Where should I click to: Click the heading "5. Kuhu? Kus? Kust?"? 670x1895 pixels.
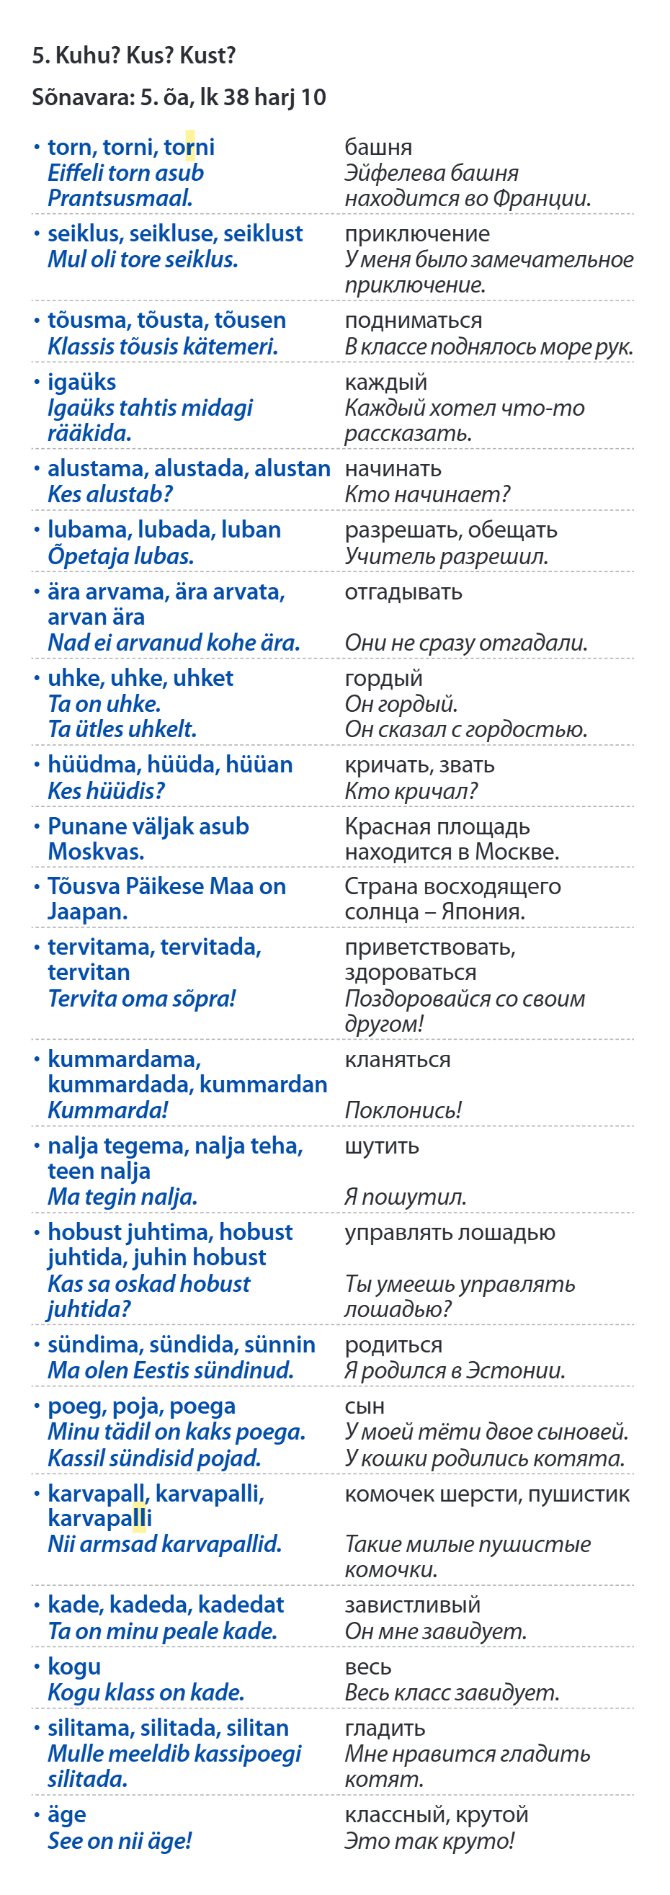coord(133,55)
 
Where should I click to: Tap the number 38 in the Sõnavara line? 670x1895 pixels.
coord(236,97)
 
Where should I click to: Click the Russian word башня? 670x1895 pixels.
coord(378,147)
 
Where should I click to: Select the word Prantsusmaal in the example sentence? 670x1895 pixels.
coord(120,198)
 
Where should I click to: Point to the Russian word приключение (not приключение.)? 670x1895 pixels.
coord(417,234)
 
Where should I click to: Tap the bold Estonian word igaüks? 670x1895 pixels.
coord(81,382)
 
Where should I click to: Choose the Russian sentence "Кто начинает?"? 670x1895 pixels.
coord(427,494)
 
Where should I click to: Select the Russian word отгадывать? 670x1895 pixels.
coord(403,592)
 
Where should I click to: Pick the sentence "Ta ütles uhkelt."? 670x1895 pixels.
coord(122,729)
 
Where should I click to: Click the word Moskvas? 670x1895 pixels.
coord(96,852)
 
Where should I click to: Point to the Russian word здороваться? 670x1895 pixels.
coord(411,973)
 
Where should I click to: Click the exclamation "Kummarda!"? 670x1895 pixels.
coord(108,1110)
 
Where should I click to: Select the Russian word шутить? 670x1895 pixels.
coord(382,1146)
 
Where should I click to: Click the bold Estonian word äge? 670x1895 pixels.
coord(67,1815)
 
